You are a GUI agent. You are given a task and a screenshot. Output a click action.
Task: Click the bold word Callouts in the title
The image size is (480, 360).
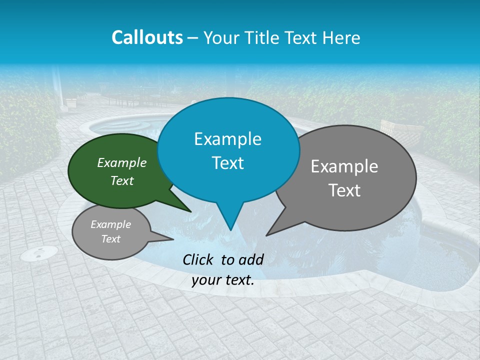147,37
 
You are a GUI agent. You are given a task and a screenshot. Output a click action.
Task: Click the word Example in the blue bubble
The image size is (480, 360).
227,139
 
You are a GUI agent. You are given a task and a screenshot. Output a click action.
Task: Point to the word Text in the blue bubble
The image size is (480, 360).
227,163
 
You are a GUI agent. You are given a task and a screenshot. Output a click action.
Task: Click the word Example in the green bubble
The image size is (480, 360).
121,163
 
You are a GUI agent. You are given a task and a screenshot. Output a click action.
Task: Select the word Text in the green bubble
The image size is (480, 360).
121,180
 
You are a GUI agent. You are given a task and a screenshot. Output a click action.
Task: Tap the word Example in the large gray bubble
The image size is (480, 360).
344,166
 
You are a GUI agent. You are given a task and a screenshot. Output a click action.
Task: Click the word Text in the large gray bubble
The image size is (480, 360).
344,190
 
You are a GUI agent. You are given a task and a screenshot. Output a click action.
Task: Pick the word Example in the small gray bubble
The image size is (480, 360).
110,224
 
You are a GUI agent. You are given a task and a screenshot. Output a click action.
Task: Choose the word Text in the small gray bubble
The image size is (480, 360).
110,239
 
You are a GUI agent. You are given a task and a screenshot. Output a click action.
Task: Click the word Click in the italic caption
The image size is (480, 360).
198,259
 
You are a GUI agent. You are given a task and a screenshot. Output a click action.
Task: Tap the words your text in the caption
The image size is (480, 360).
223,280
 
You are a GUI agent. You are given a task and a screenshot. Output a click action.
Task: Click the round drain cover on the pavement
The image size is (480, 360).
38,254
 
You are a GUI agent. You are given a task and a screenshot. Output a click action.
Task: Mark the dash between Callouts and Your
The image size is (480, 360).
193,37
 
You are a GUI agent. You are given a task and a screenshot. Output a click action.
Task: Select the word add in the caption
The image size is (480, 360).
251,259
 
